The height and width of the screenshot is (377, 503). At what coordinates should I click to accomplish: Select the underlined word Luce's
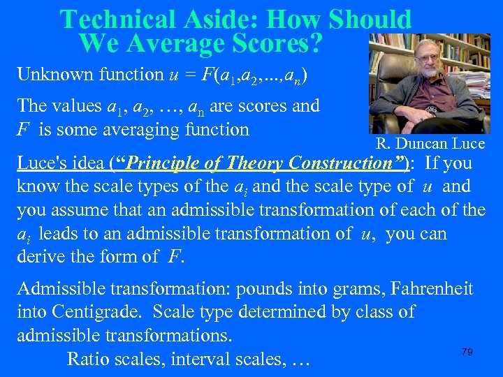pos(41,164)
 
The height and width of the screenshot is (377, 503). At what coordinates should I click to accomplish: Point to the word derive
pos(39,256)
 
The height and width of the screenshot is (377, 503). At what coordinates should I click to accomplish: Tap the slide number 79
pos(467,353)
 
